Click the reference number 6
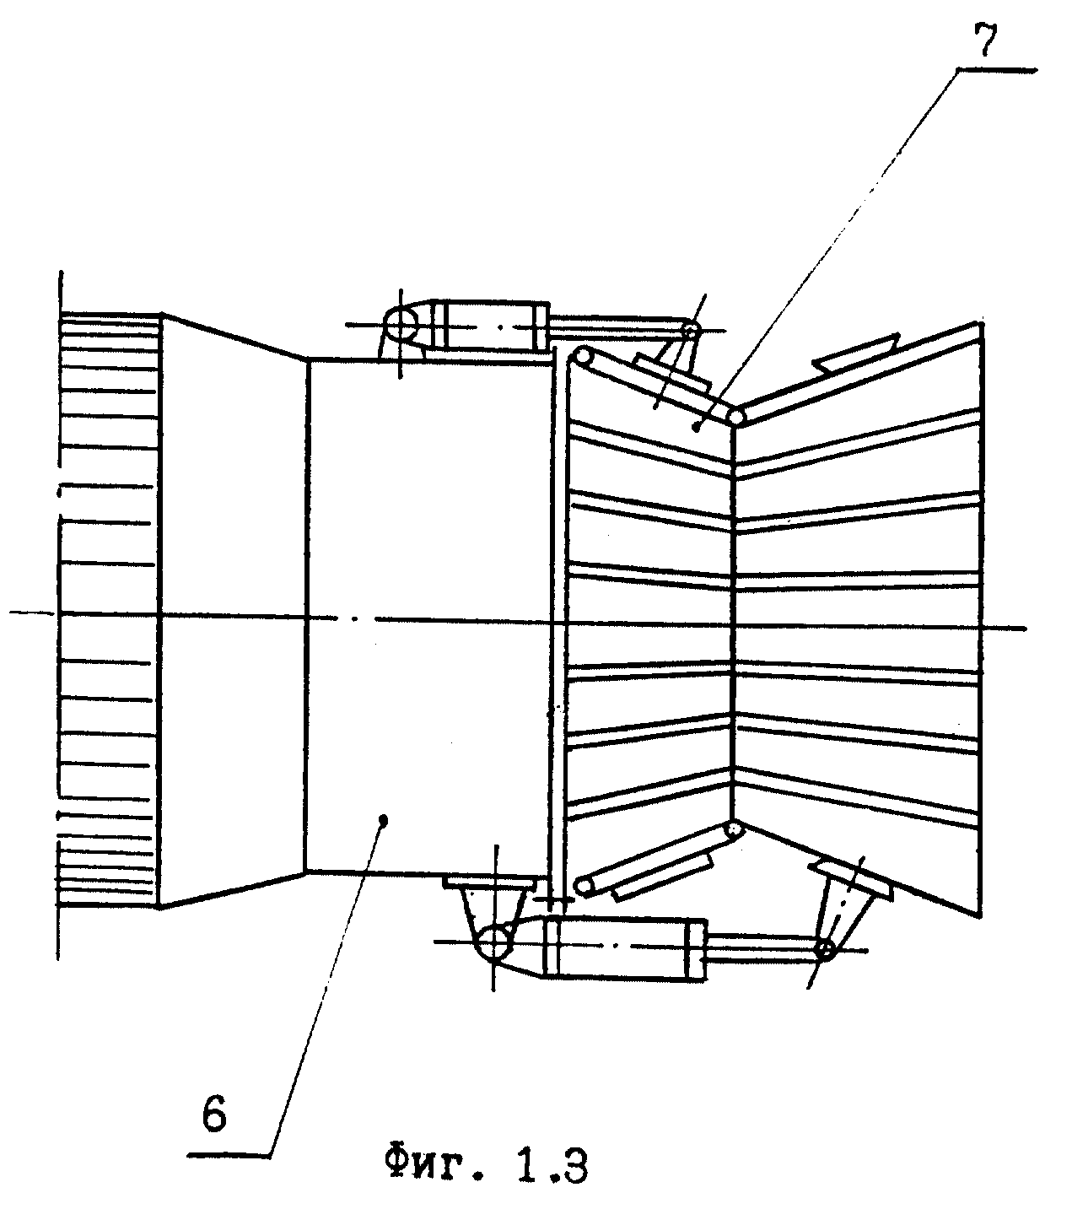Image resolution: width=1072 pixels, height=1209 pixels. click(x=214, y=1115)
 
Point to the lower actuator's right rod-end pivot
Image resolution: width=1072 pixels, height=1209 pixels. click(x=826, y=950)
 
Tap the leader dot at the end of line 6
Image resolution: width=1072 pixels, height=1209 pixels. click(x=382, y=818)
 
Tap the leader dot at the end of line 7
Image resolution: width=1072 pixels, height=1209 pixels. click(x=697, y=428)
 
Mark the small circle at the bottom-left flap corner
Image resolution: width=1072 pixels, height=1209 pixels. click(x=583, y=884)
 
